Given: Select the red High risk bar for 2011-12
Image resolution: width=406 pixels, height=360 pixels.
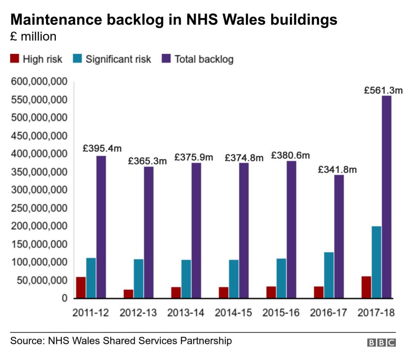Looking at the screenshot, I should coord(81,287).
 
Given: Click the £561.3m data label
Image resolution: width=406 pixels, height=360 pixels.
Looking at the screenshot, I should coord(383,90).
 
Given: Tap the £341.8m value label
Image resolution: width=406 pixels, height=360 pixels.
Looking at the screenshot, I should coord(337,170).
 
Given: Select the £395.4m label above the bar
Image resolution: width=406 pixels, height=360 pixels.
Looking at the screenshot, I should coord(102,149).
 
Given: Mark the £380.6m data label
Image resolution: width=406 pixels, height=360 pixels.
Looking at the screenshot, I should coord(290,155).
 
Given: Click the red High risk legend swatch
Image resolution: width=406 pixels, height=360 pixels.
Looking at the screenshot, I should coord(14,59).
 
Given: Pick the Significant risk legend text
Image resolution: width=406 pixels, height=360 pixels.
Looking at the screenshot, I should coord(118,59).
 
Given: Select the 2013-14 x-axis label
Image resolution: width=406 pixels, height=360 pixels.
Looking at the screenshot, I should coord(186,313).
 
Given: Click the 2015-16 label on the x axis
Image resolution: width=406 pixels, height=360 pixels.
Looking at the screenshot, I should coord(281,313).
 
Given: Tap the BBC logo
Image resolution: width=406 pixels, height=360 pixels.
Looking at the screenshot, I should coord(381,343).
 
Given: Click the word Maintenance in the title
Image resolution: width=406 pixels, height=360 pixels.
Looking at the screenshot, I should coord(54,20).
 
